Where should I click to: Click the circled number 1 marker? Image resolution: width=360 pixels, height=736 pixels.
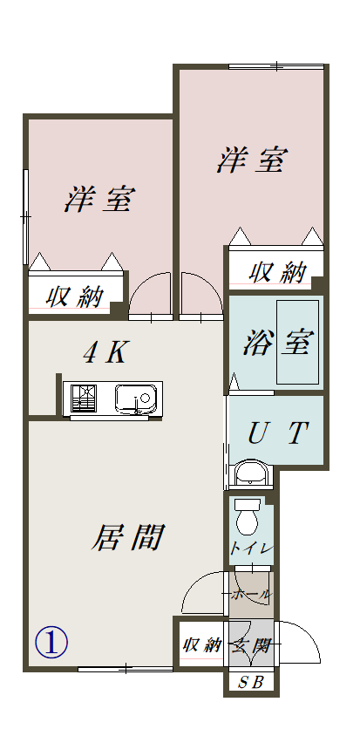click(51, 643)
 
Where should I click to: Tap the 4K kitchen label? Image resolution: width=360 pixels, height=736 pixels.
click(105, 353)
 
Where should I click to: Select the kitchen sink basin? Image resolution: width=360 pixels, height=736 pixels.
click(136, 399)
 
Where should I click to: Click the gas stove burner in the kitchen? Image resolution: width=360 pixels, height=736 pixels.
click(84, 399)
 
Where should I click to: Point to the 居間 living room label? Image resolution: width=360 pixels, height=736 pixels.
click(127, 537)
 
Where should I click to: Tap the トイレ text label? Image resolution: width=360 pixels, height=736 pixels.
click(251, 549)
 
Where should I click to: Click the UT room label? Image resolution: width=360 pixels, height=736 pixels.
click(278, 433)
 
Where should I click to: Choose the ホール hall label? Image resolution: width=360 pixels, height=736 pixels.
click(252, 594)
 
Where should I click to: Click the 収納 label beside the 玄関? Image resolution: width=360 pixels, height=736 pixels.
click(202, 645)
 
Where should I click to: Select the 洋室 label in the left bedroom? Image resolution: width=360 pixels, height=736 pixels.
click(99, 199)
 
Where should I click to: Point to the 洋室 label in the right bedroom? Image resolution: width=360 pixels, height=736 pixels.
click(252, 160)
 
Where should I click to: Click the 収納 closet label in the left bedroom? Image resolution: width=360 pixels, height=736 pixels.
click(75, 297)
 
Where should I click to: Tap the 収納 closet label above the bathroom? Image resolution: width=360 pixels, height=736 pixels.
click(278, 273)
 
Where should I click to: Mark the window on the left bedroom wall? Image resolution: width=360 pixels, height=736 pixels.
click(26, 217)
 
